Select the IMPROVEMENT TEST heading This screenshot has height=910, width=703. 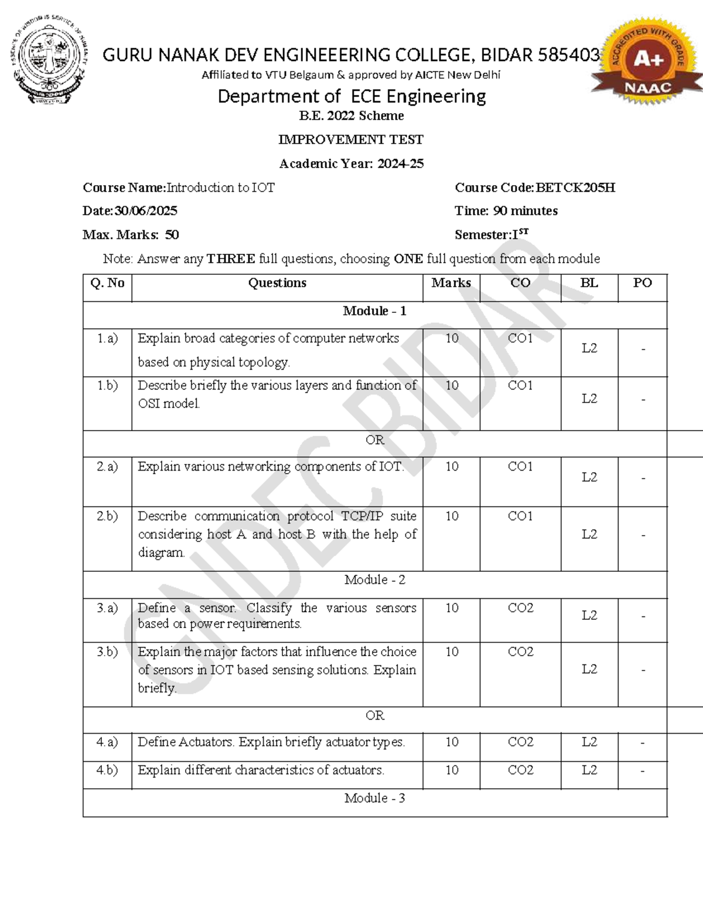click(350, 139)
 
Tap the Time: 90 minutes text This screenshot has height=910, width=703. click(506, 211)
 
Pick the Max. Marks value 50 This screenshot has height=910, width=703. click(172, 235)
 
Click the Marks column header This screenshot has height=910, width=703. click(451, 283)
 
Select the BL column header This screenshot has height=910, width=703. click(589, 283)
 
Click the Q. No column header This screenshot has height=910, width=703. click(107, 283)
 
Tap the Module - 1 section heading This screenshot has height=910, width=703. click(374, 311)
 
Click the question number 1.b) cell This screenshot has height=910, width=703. click(107, 386)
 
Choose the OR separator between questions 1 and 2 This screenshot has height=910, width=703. click(374, 440)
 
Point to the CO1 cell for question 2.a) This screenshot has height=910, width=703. click(520, 467)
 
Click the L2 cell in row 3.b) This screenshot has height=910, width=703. click(589, 669)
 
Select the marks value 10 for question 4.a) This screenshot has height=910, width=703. click(451, 742)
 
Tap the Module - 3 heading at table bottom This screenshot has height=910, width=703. click(374, 798)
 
